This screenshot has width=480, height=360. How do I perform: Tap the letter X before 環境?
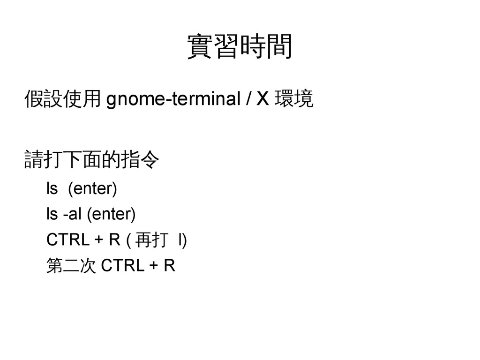(264, 100)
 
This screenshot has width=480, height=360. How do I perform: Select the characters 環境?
(295, 100)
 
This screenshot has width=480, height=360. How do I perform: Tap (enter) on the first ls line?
(92, 189)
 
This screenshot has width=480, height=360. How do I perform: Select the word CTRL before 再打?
(67, 240)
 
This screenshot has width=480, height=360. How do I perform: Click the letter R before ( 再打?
(114, 240)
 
